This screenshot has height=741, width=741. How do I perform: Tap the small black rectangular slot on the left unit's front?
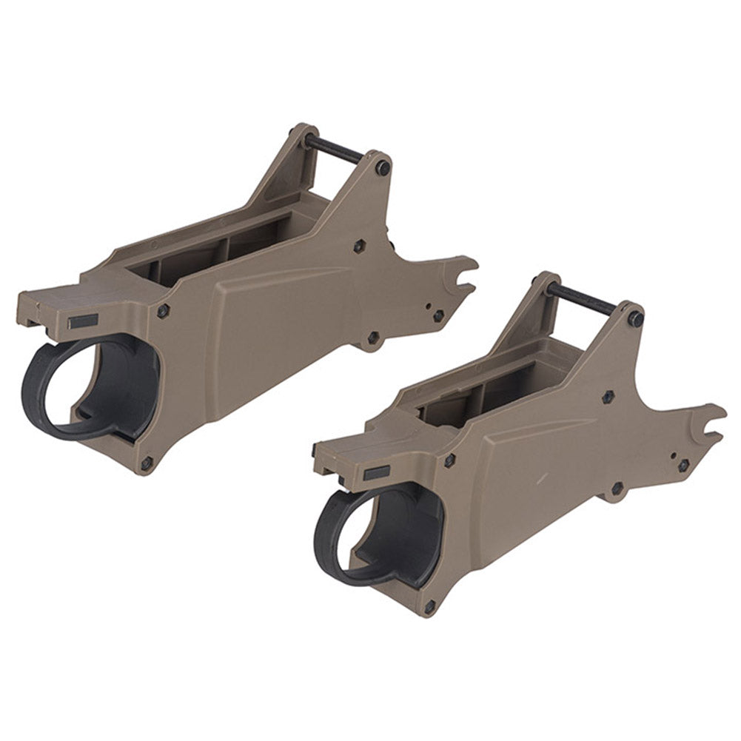pyautogui.click(x=83, y=321)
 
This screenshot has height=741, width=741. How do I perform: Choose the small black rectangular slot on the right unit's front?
pyautogui.click(x=378, y=471)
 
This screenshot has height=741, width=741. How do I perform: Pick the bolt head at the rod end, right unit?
pyautogui.click(x=635, y=318)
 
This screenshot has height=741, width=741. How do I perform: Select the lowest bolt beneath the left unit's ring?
pyautogui.click(x=146, y=463)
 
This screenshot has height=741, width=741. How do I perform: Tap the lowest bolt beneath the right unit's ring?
pyautogui.click(x=429, y=607)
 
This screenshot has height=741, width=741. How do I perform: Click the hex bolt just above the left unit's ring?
pyautogui.click(x=164, y=309)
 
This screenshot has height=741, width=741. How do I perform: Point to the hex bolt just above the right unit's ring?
pyautogui.click(x=449, y=460)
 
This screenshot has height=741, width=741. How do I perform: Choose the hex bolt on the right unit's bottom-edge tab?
pyautogui.click(x=616, y=488)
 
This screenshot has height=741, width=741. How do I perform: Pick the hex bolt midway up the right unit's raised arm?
pyautogui.click(x=608, y=397)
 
